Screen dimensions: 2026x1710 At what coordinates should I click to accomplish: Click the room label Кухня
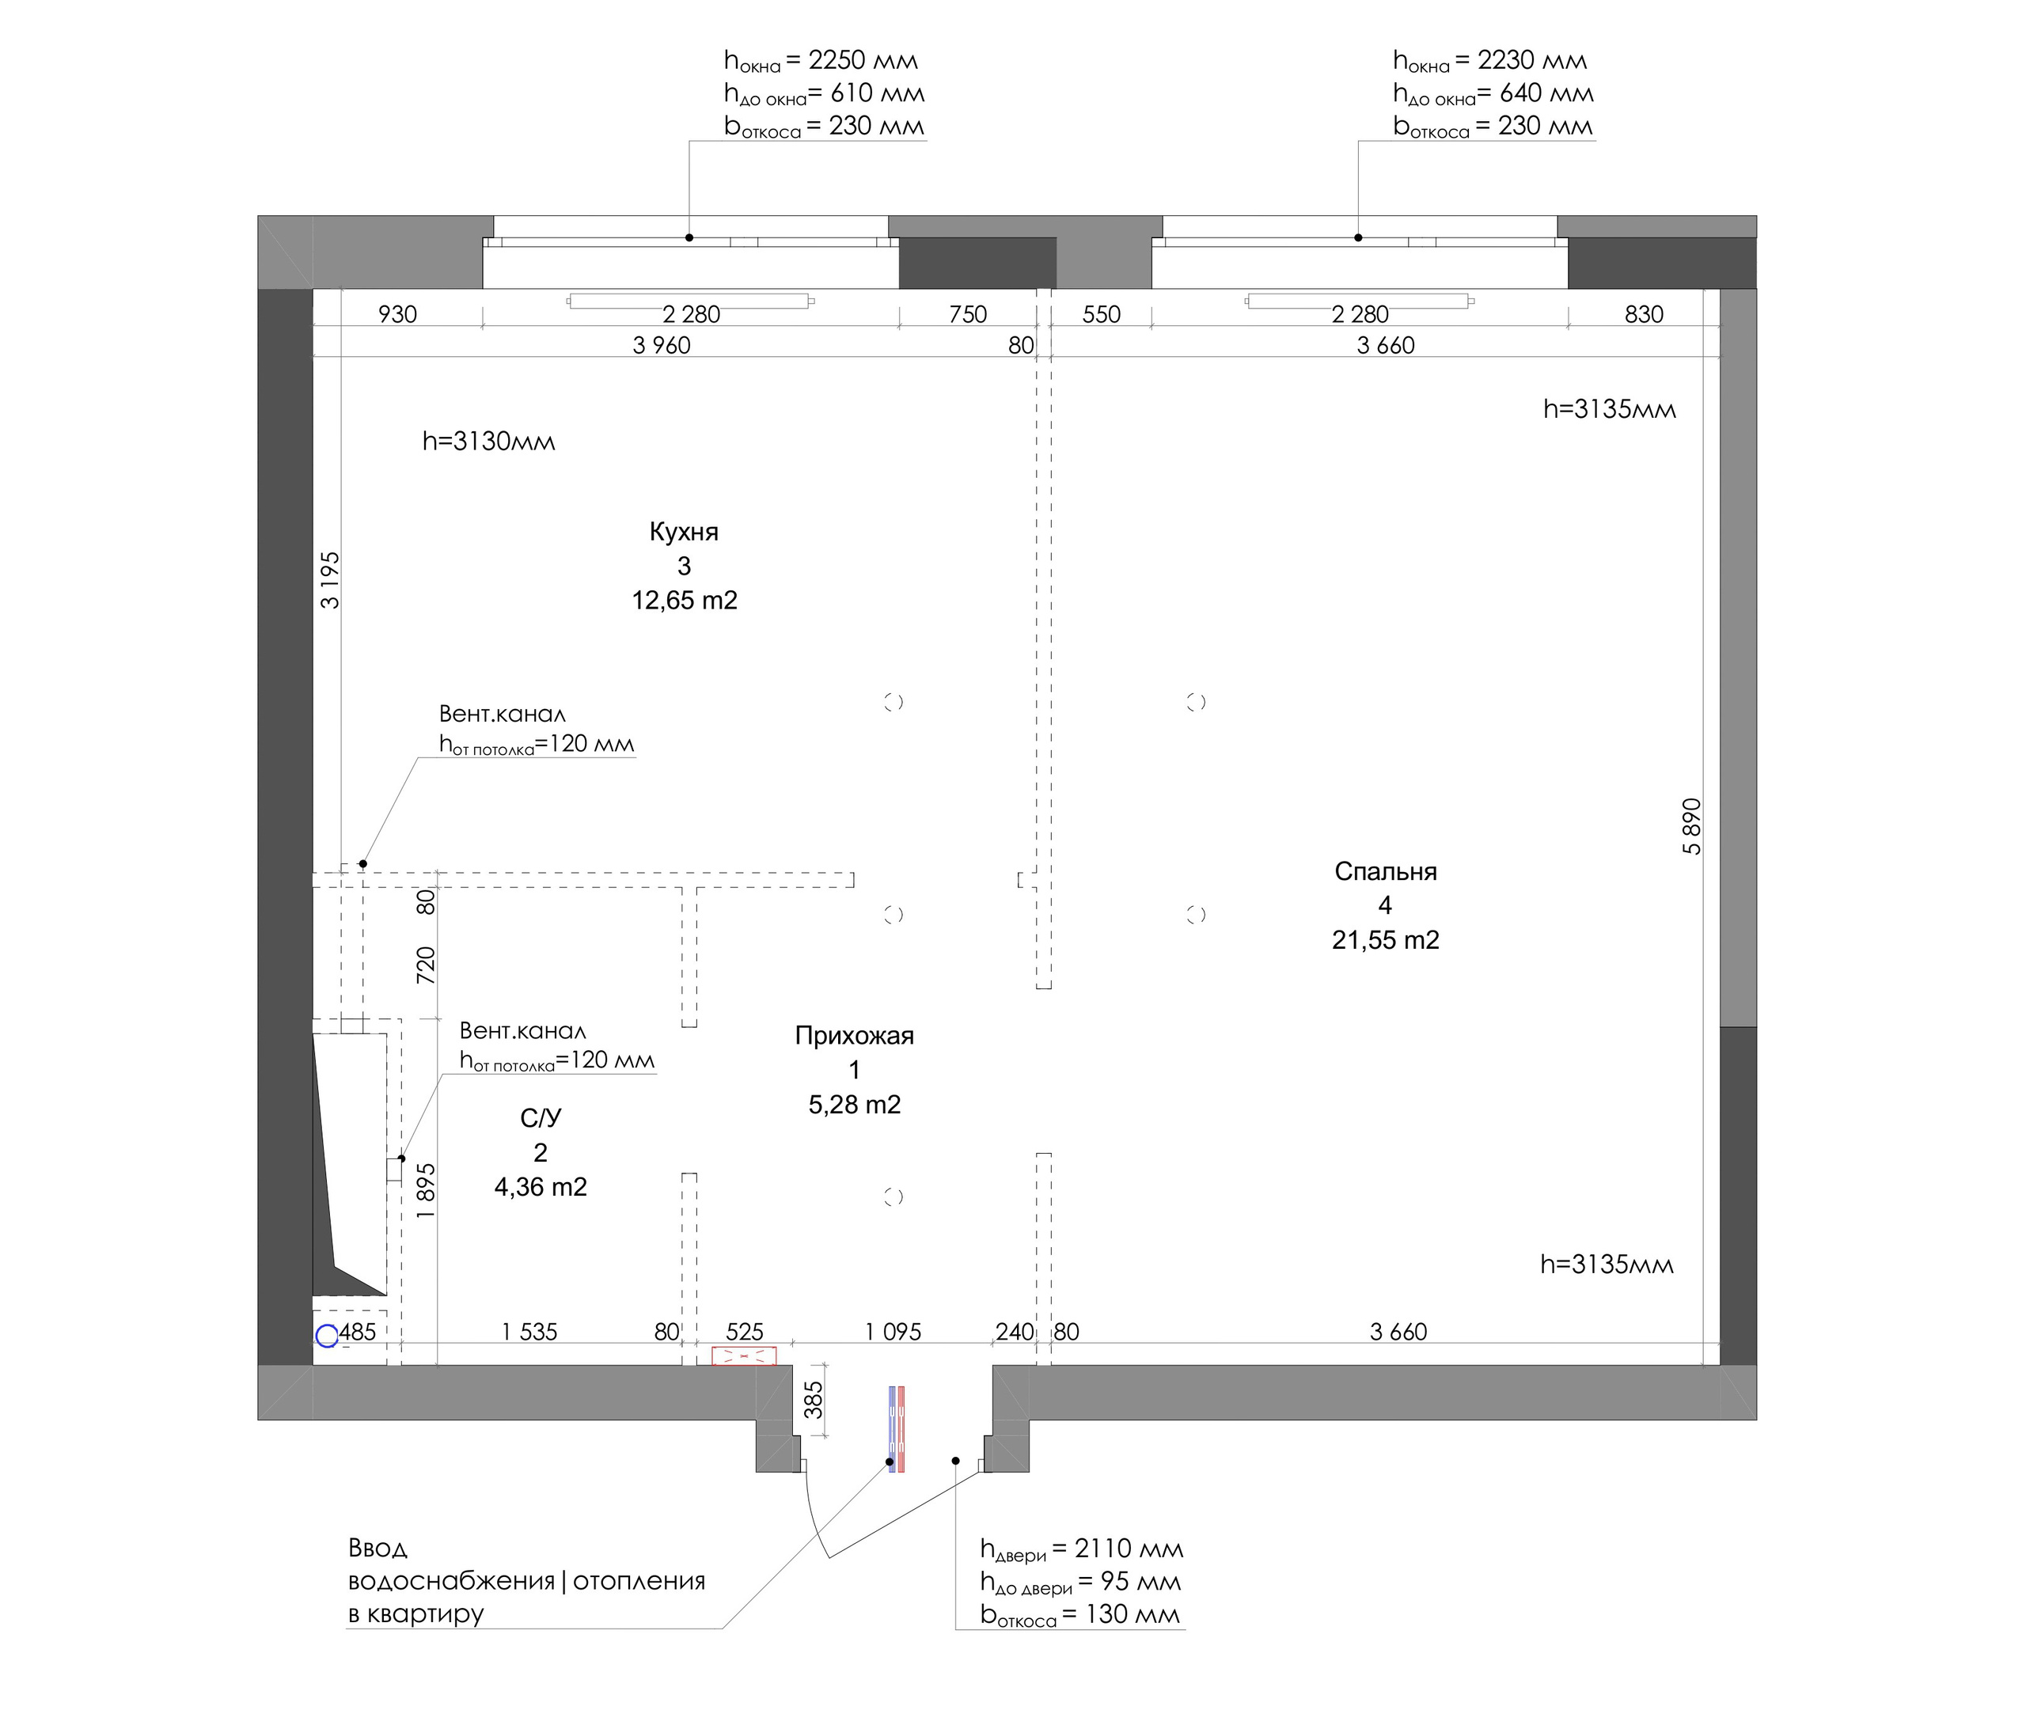[684, 531]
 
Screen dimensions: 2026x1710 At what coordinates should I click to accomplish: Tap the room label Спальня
[1385, 871]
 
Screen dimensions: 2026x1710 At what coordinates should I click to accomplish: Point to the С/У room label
[540, 1117]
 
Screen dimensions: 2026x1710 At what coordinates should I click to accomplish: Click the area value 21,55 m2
[1385, 939]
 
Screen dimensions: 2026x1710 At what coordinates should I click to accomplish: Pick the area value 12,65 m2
[685, 600]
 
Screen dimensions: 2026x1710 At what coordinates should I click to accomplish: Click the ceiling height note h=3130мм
[488, 441]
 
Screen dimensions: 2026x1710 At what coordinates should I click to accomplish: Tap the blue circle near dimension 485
[327, 1336]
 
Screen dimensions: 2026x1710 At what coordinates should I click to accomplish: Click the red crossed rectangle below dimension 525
[743, 1356]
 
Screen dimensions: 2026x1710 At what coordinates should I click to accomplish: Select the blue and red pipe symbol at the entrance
[897, 1429]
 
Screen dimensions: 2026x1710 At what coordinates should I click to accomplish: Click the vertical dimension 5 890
[1691, 826]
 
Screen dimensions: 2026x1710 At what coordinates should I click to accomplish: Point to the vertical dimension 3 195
[331, 580]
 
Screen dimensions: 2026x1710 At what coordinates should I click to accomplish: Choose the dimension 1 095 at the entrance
[893, 1332]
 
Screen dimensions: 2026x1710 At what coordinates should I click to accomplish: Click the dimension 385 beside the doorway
[814, 1399]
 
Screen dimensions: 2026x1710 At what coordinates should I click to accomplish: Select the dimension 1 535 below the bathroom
[529, 1332]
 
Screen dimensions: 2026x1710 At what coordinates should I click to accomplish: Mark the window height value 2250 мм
[863, 60]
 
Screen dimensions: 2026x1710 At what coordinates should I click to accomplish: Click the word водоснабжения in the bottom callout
[452, 1581]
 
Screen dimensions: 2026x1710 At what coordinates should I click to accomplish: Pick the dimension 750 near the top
[967, 314]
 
